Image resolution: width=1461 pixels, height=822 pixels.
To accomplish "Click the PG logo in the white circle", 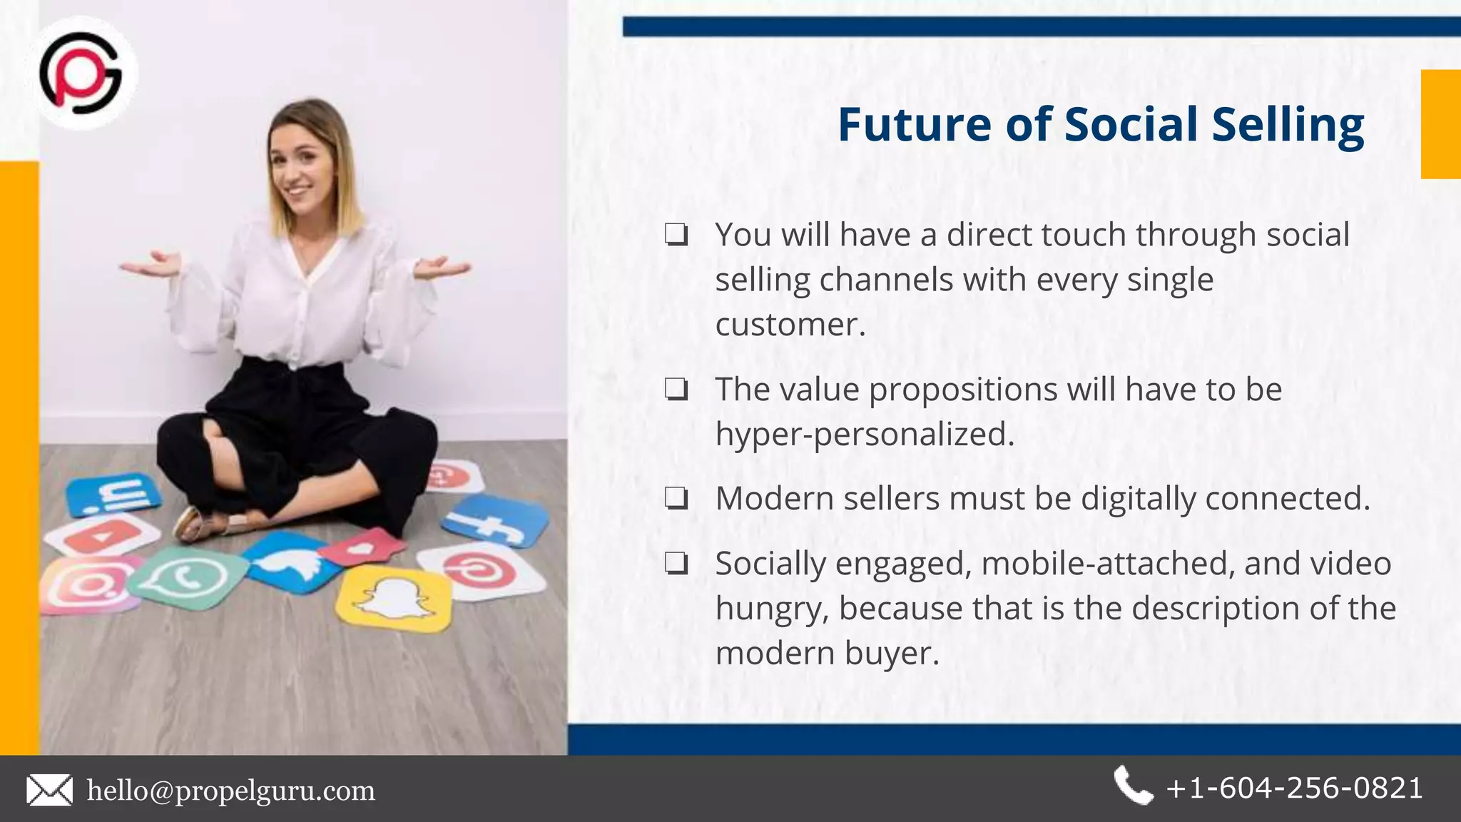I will (x=81, y=73).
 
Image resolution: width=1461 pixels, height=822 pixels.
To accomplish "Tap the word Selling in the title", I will (x=1288, y=126).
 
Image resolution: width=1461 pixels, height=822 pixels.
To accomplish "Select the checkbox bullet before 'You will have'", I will (x=676, y=235).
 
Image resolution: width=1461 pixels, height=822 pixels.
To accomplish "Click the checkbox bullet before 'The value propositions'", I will (x=676, y=390).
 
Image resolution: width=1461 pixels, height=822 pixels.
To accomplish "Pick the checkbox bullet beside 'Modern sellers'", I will (x=676, y=498).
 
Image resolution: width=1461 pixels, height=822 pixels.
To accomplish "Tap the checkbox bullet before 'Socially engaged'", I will (x=676, y=564).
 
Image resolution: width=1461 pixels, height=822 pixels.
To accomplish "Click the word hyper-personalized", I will (x=865, y=434).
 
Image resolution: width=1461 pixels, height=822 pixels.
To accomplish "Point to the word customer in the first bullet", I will (x=790, y=325).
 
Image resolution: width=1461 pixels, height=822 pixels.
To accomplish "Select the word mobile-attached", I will (x=1108, y=564).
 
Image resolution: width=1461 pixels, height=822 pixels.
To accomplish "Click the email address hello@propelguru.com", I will (x=230, y=791).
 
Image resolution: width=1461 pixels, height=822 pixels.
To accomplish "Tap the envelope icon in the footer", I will (x=49, y=791).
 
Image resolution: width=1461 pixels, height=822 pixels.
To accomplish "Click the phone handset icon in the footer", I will (x=1132, y=786).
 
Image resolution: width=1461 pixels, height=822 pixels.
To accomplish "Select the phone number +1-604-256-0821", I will (x=1294, y=788).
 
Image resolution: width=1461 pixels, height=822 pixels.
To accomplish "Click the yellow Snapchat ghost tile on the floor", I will (x=394, y=598).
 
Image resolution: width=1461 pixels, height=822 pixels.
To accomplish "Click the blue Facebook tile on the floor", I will (x=494, y=521).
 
